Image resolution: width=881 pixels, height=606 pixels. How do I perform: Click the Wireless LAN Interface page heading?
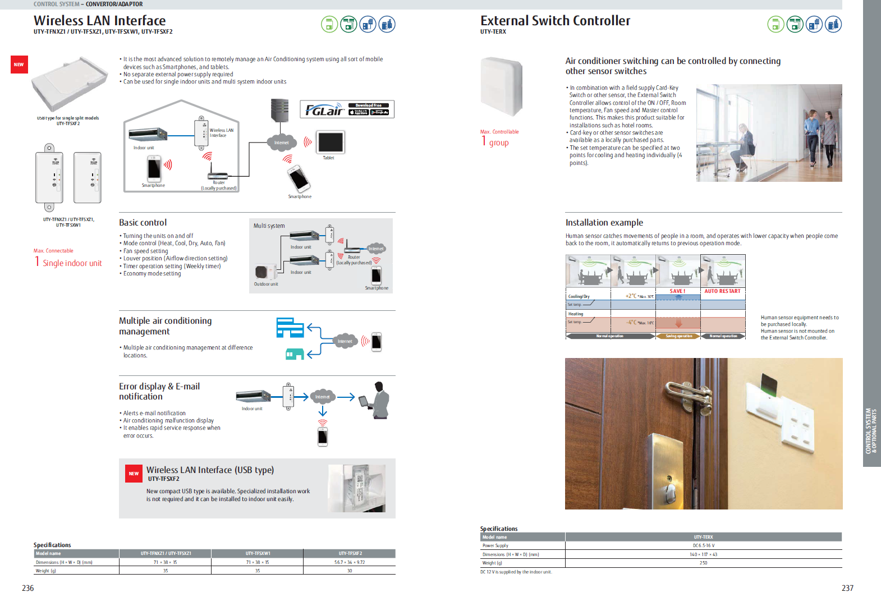click(100, 21)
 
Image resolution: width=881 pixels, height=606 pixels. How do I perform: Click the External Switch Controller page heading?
click(555, 21)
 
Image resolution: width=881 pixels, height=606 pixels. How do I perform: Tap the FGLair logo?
click(324, 109)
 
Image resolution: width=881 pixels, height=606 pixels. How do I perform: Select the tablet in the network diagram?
click(330, 142)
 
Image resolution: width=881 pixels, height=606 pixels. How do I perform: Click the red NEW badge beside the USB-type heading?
click(134, 474)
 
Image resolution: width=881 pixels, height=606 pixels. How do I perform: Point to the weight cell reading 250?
click(703, 563)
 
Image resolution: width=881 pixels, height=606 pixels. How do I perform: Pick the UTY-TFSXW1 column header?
click(258, 553)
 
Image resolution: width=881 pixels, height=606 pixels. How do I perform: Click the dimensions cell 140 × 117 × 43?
click(703, 554)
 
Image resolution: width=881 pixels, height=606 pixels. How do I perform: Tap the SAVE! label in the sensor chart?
click(677, 291)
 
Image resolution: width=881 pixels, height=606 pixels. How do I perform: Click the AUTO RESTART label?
click(722, 291)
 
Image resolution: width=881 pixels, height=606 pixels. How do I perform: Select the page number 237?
click(847, 588)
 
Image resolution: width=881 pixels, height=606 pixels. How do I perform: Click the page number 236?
click(28, 588)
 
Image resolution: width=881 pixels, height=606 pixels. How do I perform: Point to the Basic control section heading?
click(143, 223)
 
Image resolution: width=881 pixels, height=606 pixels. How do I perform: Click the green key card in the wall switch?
click(769, 384)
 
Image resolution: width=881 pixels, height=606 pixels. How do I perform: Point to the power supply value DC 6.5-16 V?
click(703, 545)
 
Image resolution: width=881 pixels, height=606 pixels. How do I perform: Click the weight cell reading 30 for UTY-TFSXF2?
click(350, 571)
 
